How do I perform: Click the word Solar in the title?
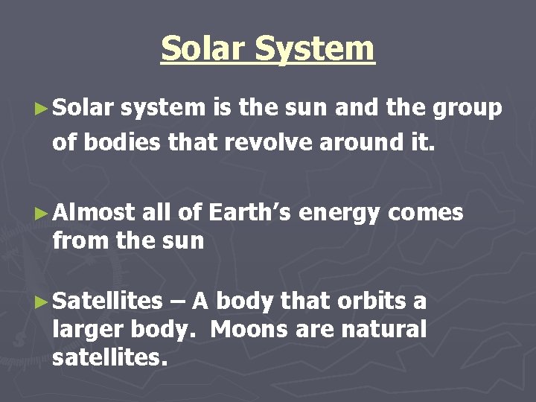click(205, 49)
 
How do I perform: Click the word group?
click(468, 109)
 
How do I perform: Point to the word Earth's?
click(250, 214)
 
